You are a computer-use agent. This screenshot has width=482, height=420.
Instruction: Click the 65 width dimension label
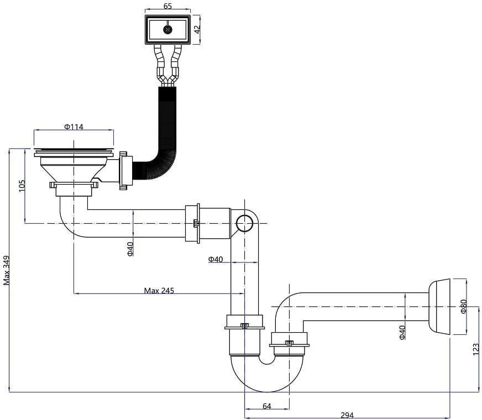(x=168, y=6)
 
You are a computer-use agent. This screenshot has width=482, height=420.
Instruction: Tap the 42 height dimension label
(x=197, y=29)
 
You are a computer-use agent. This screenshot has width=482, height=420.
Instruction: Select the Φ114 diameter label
(x=74, y=127)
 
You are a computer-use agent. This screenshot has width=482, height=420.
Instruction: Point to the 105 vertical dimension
(x=22, y=186)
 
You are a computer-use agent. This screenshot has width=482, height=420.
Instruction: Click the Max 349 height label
(x=7, y=270)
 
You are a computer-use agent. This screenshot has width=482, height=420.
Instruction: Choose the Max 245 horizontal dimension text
(x=159, y=290)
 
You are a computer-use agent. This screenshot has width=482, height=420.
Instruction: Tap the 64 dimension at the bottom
(x=267, y=406)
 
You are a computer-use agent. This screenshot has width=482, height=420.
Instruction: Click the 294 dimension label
(x=347, y=416)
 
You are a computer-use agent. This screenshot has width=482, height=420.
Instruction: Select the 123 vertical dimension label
(x=476, y=350)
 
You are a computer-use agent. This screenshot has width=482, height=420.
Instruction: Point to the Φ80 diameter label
(x=464, y=307)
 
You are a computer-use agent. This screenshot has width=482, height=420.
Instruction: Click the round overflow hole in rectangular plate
(x=167, y=30)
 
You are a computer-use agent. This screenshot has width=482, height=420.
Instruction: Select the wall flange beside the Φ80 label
(x=439, y=307)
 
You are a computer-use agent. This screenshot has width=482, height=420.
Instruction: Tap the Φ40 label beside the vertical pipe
(x=216, y=259)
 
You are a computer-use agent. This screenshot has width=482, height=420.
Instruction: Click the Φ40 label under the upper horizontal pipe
(x=130, y=249)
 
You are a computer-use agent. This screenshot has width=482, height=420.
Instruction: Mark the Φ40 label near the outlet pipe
(x=402, y=332)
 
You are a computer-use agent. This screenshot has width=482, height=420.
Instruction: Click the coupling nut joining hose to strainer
(x=125, y=171)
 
